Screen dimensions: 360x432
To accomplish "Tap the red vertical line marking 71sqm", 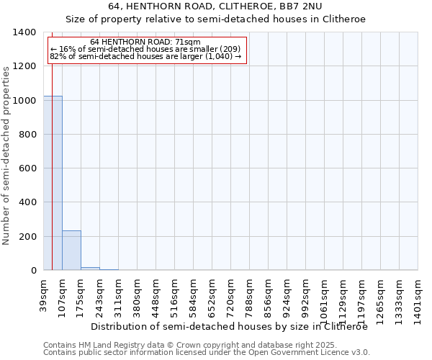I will point(53,180).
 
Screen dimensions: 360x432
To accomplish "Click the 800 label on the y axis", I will point(27,135).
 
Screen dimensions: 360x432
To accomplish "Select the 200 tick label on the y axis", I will point(27,237).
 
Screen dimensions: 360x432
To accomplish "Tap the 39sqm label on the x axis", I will point(43,294).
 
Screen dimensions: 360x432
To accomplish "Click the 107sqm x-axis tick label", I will point(62,297).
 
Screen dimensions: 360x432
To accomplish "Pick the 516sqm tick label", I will point(174,297).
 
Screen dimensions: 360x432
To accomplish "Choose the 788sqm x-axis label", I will point(249,297).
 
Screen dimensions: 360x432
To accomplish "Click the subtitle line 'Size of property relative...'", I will point(216,19).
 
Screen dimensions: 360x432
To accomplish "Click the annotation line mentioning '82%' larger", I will point(145,56).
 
